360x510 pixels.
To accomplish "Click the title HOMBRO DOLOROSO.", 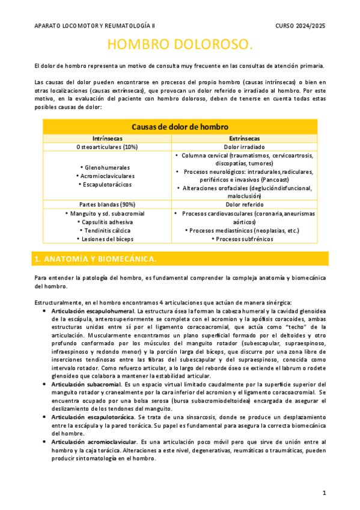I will tap(180, 46).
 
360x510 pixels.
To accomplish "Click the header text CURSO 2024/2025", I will tap(300, 26).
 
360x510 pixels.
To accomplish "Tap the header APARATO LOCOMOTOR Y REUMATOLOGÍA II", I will tap(94, 26).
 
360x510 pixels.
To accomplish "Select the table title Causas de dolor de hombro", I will tap(180, 127).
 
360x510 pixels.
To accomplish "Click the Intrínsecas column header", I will tap(107, 138).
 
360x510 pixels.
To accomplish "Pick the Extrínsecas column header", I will tap(253, 138).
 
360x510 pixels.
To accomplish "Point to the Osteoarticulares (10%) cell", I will tap(107, 147).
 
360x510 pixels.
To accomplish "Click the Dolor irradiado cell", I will tap(253, 147).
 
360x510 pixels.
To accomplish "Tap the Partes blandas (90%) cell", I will tap(107, 204).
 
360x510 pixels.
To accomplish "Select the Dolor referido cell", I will tap(253, 204).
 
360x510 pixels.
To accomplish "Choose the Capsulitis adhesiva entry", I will tap(107, 222).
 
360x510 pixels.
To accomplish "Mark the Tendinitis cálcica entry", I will tap(107, 230).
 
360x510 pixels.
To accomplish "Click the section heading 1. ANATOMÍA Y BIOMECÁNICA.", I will tap(96, 259).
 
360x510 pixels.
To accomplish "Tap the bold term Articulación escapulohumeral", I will tap(93, 311).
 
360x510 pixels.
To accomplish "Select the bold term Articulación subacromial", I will tap(86, 384).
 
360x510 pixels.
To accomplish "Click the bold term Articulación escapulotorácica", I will tap(93, 416).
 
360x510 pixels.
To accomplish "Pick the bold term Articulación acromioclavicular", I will tap(94, 442).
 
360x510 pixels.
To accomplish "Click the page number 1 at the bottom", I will tap(324, 493).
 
